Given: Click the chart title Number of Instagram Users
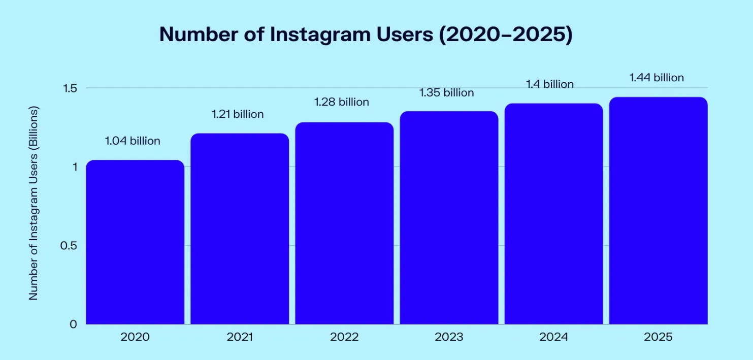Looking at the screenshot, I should (366, 34).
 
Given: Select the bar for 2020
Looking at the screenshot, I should (135, 242).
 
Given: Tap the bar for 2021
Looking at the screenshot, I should (240, 229).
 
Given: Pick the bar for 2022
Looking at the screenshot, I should (344, 223).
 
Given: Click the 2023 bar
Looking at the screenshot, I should (449, 218).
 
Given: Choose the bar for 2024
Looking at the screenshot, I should (553, 214).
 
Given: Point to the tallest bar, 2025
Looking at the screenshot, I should (658, 211).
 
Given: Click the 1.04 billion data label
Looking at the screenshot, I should (133, 141).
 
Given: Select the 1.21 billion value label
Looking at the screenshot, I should (238, 114).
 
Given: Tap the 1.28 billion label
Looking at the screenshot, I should (342, 102).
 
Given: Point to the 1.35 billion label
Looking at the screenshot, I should (446, 92).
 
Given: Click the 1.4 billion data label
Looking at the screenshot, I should (551, 84).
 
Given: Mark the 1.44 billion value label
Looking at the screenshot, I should (657, 78).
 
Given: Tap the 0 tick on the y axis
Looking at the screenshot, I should (74, 324).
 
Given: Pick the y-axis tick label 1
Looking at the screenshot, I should (74, 167).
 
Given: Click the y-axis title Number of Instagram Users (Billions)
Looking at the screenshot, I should (34, 204).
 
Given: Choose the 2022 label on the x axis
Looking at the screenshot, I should (344, 337).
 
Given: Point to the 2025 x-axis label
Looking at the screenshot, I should (658, 337).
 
